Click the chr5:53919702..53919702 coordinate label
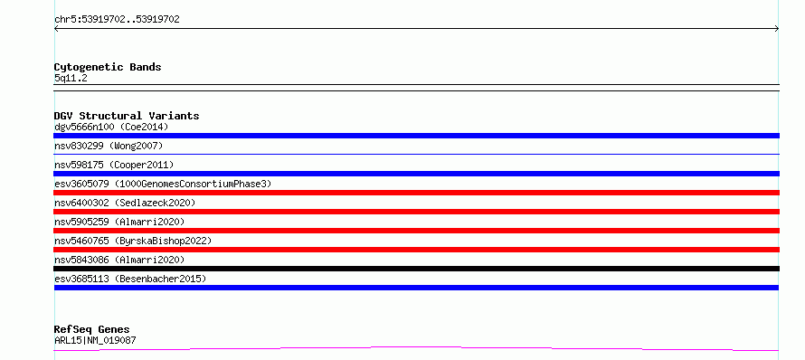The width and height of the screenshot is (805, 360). click(x=117, y=20)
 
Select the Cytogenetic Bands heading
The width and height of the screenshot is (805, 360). click(x=108, y=67)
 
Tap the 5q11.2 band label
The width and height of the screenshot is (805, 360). click(x=71, y=78)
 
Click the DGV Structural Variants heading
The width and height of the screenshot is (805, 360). click(x=127, y=116)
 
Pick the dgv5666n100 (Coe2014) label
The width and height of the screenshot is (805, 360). click(x=111, y=127)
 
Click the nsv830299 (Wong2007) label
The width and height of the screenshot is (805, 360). click(x=109, y=146)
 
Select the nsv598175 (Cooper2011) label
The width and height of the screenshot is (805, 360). click(x=114, y=165)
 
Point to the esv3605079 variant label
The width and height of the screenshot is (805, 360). click(x=163, y=184)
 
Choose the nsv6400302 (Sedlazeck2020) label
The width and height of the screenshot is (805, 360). click(x=125, y=203)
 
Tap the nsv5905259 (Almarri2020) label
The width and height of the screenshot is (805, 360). click(x=119, y=222)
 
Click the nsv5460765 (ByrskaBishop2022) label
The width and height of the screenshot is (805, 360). click(x=133, y=241)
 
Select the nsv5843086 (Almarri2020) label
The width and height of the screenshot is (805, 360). click(x=119, y=260)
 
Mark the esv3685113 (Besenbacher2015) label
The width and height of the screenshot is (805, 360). click(x=130, y=279)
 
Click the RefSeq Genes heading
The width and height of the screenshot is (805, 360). click(x=92, y=330)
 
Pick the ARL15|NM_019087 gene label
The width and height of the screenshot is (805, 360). click(x=95, y=340)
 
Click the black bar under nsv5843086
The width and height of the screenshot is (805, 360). click(x=416, y=269)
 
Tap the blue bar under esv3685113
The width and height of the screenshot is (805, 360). click(x=416, y=288)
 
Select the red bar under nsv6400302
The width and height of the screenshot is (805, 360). click(x=416, y=212)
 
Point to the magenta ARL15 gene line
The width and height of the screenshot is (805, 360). click(x=416, y=348)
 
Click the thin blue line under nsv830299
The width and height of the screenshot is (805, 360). click(x=416, y=154)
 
